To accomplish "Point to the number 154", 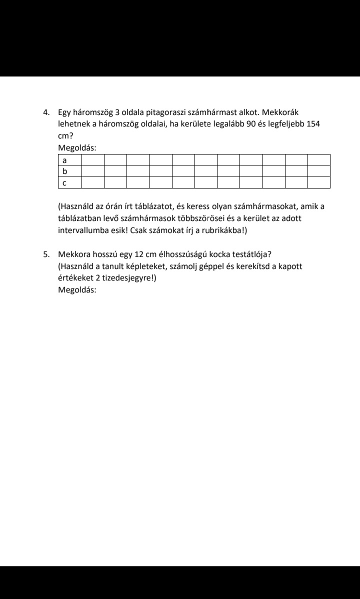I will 313,123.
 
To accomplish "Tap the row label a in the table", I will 64,160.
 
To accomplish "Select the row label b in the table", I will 64,171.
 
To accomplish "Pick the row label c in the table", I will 64,183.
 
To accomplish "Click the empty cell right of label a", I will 92,160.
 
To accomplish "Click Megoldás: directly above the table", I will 77,147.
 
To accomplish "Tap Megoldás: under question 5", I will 77,290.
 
